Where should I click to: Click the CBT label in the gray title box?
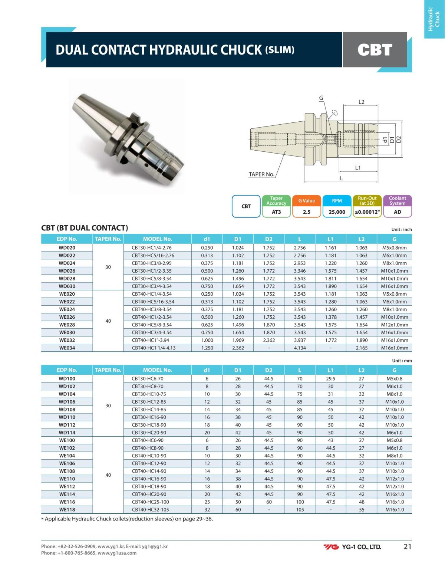click(375, 50)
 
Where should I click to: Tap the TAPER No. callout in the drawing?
click(261, 174)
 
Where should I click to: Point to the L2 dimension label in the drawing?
click(361, 102)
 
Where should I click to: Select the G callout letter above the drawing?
click(321, 98)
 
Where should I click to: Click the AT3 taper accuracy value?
click(276, 212)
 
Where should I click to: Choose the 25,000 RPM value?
click(337, 212)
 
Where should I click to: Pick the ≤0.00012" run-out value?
click(367, 212)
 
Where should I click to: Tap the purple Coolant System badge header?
click(397, 201)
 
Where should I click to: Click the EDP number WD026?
click(67, 271)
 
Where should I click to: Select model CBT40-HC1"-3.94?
click(151, 340)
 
